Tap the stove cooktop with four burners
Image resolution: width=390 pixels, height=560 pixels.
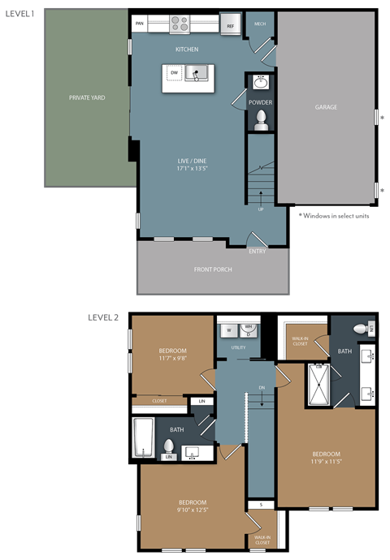[x=180, y=23]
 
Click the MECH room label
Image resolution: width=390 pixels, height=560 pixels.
[x=260, y=24]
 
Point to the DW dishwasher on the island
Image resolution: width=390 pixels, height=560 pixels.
[x=174, y=74]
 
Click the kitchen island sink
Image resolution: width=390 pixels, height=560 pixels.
[x=196, y=75]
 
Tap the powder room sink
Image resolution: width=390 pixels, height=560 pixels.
[x=261, y=83]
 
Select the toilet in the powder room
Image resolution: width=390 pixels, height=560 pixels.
[x=261, y=120]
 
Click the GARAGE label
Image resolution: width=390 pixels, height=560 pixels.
[x=326, y=106]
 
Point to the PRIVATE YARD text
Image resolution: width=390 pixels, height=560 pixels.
[x=87, y=97]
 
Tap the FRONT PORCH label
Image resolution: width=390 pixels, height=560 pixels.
[x=213, y=269]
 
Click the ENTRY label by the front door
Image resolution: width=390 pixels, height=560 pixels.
[x=258, y=251]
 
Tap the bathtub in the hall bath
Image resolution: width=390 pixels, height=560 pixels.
[x=145, y=437]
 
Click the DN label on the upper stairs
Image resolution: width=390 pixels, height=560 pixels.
[x=262, y=388]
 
